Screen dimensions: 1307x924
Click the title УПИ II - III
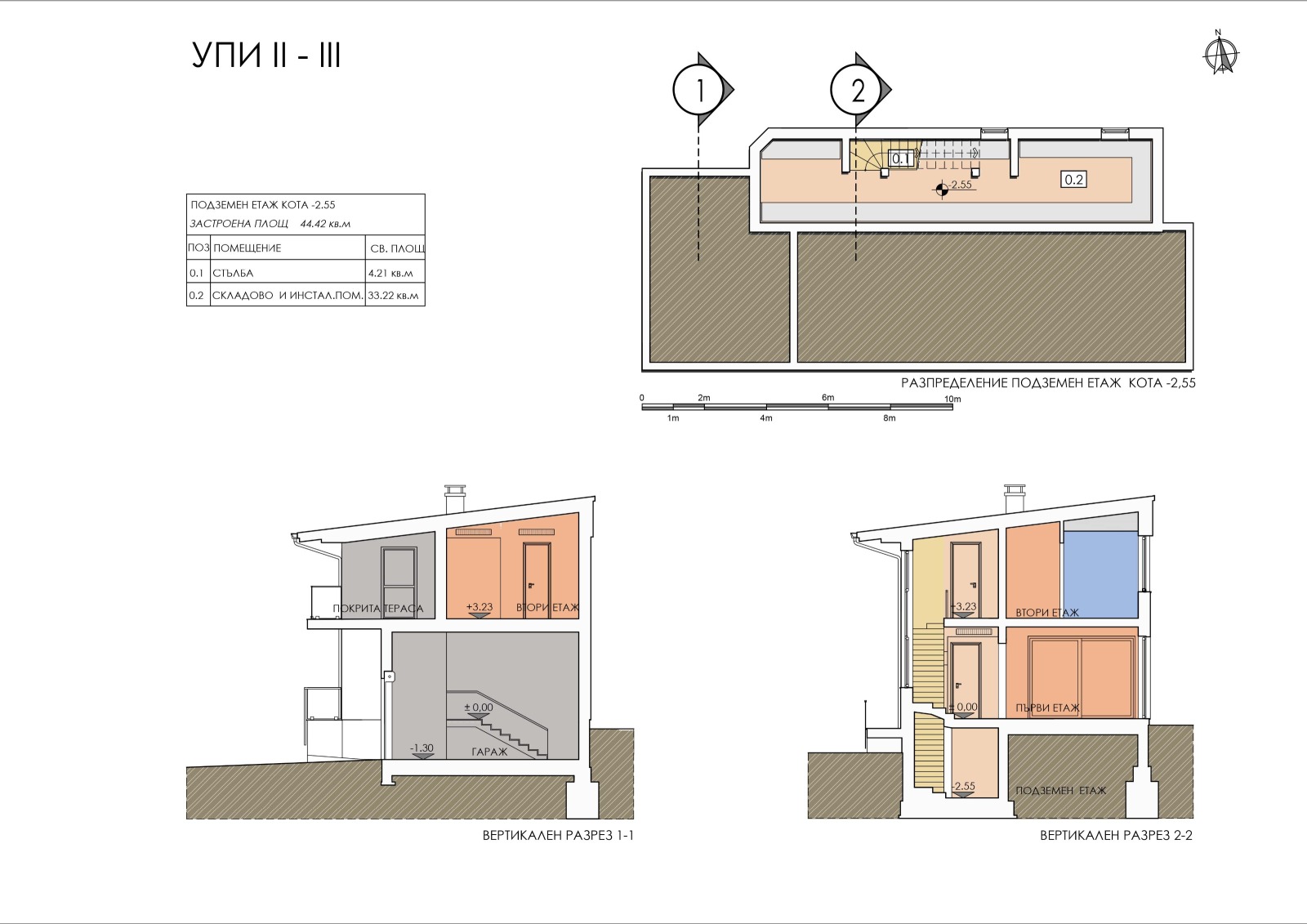click(266, 56)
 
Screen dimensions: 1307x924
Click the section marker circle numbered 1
click(699, 91)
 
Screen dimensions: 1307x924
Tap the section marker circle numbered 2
click(857, 91)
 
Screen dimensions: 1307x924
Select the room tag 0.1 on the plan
click(901, 158)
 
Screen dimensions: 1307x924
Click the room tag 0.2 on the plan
click(1073, 180)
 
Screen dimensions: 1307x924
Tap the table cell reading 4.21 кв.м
click(390, 273)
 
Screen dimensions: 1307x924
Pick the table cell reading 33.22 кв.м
click(393, 296)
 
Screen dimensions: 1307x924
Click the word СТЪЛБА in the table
click(233, 273)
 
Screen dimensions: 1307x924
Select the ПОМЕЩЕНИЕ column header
click(247, 248)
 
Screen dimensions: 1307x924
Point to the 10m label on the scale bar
click(952, 400)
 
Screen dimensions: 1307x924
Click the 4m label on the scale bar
click(766, 418)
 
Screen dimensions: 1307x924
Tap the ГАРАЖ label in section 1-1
click(489, 752)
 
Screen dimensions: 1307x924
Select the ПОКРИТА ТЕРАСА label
click(377, 609)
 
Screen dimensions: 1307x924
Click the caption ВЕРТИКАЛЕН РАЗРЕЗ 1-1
click(558, 835)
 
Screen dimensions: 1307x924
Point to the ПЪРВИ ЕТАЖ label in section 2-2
click(1047, 708)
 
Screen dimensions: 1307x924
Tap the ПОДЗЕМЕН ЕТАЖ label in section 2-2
click(1061, 790)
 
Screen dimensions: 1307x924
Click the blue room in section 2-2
click(1100, 574)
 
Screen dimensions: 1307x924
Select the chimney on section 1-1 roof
click(455, 500)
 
